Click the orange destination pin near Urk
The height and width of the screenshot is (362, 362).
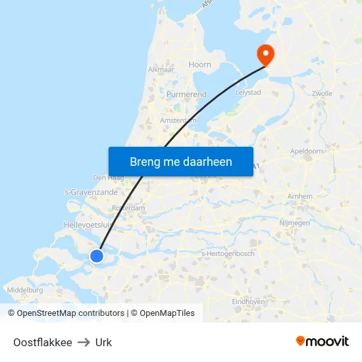pyautogui.click(x=266, y=53)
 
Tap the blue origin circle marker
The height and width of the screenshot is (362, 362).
pyautogui.click(x=97, y=255)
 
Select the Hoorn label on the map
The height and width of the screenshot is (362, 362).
pyautogui.click(x=200, y=65)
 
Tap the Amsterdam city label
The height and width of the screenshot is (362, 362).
pyautogui.click(x=178, y=120)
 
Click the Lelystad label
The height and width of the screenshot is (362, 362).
pyautogui.click(x=248, y=93)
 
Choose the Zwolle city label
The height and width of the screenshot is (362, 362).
pyautogui.click(x=323, y=93)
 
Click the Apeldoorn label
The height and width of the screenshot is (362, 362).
pyautogui.click(x=306, y=151)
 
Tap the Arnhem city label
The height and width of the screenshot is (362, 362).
pyautogui.click(x=300, y=196)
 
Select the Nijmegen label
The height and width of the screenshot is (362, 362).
pyautogui.click(x=294, y=223)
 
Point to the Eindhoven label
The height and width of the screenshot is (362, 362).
pyautogui.click(x=248, y=301)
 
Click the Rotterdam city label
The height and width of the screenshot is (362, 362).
pyautogui.click(x=128, y=208)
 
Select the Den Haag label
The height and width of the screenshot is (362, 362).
pyautogui.click(x=109, y=178)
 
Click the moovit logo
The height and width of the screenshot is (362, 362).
pyautogui.click(x=323, y=342)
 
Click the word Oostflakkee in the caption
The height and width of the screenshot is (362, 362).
pyautogui.click(x=43, y=342)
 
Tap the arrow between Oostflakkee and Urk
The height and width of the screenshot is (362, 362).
pyautogui.click(x=84, y=342)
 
